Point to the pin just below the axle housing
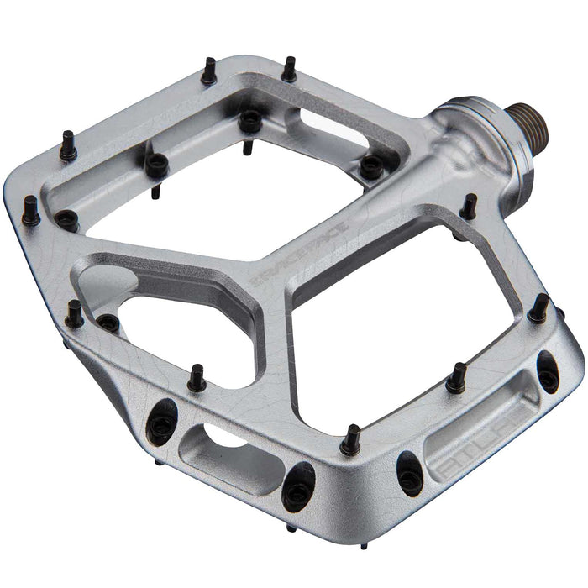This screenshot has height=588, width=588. (x=470, y=207)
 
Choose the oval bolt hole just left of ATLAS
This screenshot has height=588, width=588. (x=408, y=471)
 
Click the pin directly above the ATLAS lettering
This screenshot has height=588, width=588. (x=456, y=377)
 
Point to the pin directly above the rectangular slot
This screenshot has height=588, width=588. (x=197, y=377)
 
